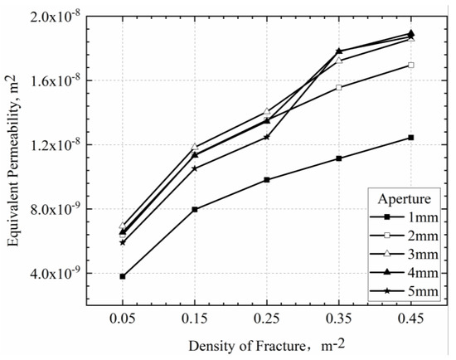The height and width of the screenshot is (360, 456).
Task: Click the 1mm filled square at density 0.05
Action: coord(123,276)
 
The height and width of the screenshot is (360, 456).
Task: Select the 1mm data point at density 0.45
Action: coord(410,138)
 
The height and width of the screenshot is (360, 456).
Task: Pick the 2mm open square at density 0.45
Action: coord(410,65)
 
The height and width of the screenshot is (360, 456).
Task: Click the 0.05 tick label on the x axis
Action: coord(123,319)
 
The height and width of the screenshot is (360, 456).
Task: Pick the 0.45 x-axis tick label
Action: coord(410,319)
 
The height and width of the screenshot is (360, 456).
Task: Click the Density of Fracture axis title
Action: coord(266,344)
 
